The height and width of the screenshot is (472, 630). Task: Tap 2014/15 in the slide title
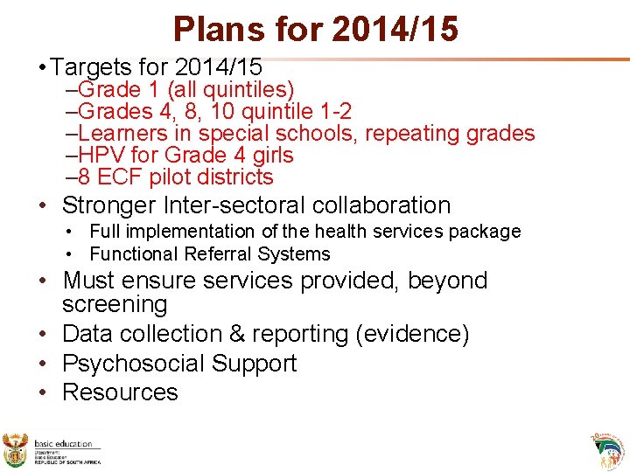395,29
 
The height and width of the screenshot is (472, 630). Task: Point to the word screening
115,304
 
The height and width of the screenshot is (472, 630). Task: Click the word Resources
120,392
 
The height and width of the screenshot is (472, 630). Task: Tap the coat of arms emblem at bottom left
16,448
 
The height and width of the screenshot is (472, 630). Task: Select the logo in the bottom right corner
607,448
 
